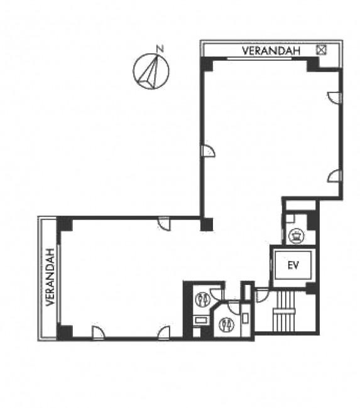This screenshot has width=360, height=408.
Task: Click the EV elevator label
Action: tap(293, 265)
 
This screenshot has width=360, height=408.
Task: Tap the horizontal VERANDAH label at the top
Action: tap(271, 51)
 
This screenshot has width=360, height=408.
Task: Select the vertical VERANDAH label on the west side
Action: tap(50, 277)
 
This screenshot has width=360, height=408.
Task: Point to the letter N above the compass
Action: tap(160, 49)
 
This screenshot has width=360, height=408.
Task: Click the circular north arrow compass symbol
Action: tap(151, 72)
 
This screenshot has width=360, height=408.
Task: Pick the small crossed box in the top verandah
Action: tap(321, 50)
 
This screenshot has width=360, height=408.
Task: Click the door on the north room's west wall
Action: tap(209, 151)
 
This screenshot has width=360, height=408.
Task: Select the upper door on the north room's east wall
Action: tap(334, 97)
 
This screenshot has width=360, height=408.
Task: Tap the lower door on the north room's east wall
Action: tap(334, 176)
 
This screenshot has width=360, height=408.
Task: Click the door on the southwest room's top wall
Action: tap(164, 223)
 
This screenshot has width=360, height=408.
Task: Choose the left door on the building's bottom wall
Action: tap(98, 332)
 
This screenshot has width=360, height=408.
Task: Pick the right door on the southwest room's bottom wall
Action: tap(164, 332)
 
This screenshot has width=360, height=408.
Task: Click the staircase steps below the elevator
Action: tap(285, 311)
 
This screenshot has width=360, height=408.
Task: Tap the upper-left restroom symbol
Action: tap(203, 299)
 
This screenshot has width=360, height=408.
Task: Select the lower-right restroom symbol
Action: tap(226, 325)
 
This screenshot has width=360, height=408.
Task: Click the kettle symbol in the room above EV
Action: tap(296, 235)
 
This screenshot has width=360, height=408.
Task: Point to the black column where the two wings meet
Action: tap(207, 224)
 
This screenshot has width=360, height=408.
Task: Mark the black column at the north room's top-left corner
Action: tap(207, 64)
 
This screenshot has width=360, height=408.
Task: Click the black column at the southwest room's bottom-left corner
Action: tap(65, 332)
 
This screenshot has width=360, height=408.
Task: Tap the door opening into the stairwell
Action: tap(262, 295)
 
